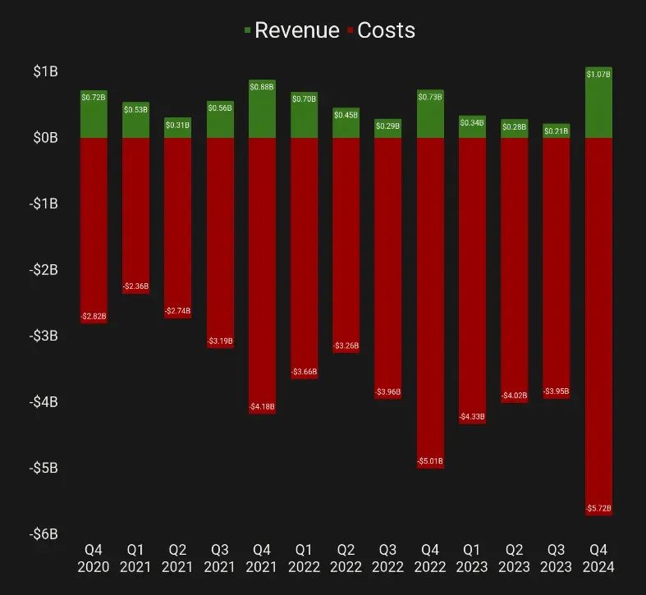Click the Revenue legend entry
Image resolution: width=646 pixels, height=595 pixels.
pyautogui.click(x=292, y=30)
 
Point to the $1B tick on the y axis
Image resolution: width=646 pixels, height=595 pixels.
pyautogui.click(x=45, y=71)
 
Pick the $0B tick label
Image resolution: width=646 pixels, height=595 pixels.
pyautogui.click(x=45, y=138)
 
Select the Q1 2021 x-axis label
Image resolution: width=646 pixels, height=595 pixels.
pyautogui.click(x=135, y=557)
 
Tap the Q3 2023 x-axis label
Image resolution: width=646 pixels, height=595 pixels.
pyautogui.click(x=557, y=557)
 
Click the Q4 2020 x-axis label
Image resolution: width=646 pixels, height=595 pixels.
pyautogui.click(x=94, y=557)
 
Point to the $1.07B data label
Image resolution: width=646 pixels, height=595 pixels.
pyautogui.click(x=598, y=75)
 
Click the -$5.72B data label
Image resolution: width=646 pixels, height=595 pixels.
pyautogui.click(x=598, y=509)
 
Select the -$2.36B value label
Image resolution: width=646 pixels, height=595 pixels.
pyautogui.click(x=135, y=286)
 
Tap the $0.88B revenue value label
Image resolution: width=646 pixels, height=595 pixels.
pyautogui.click(x=262, y=86)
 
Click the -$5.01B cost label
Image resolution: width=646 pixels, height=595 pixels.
pyautogui.click(x=430, y=461)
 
